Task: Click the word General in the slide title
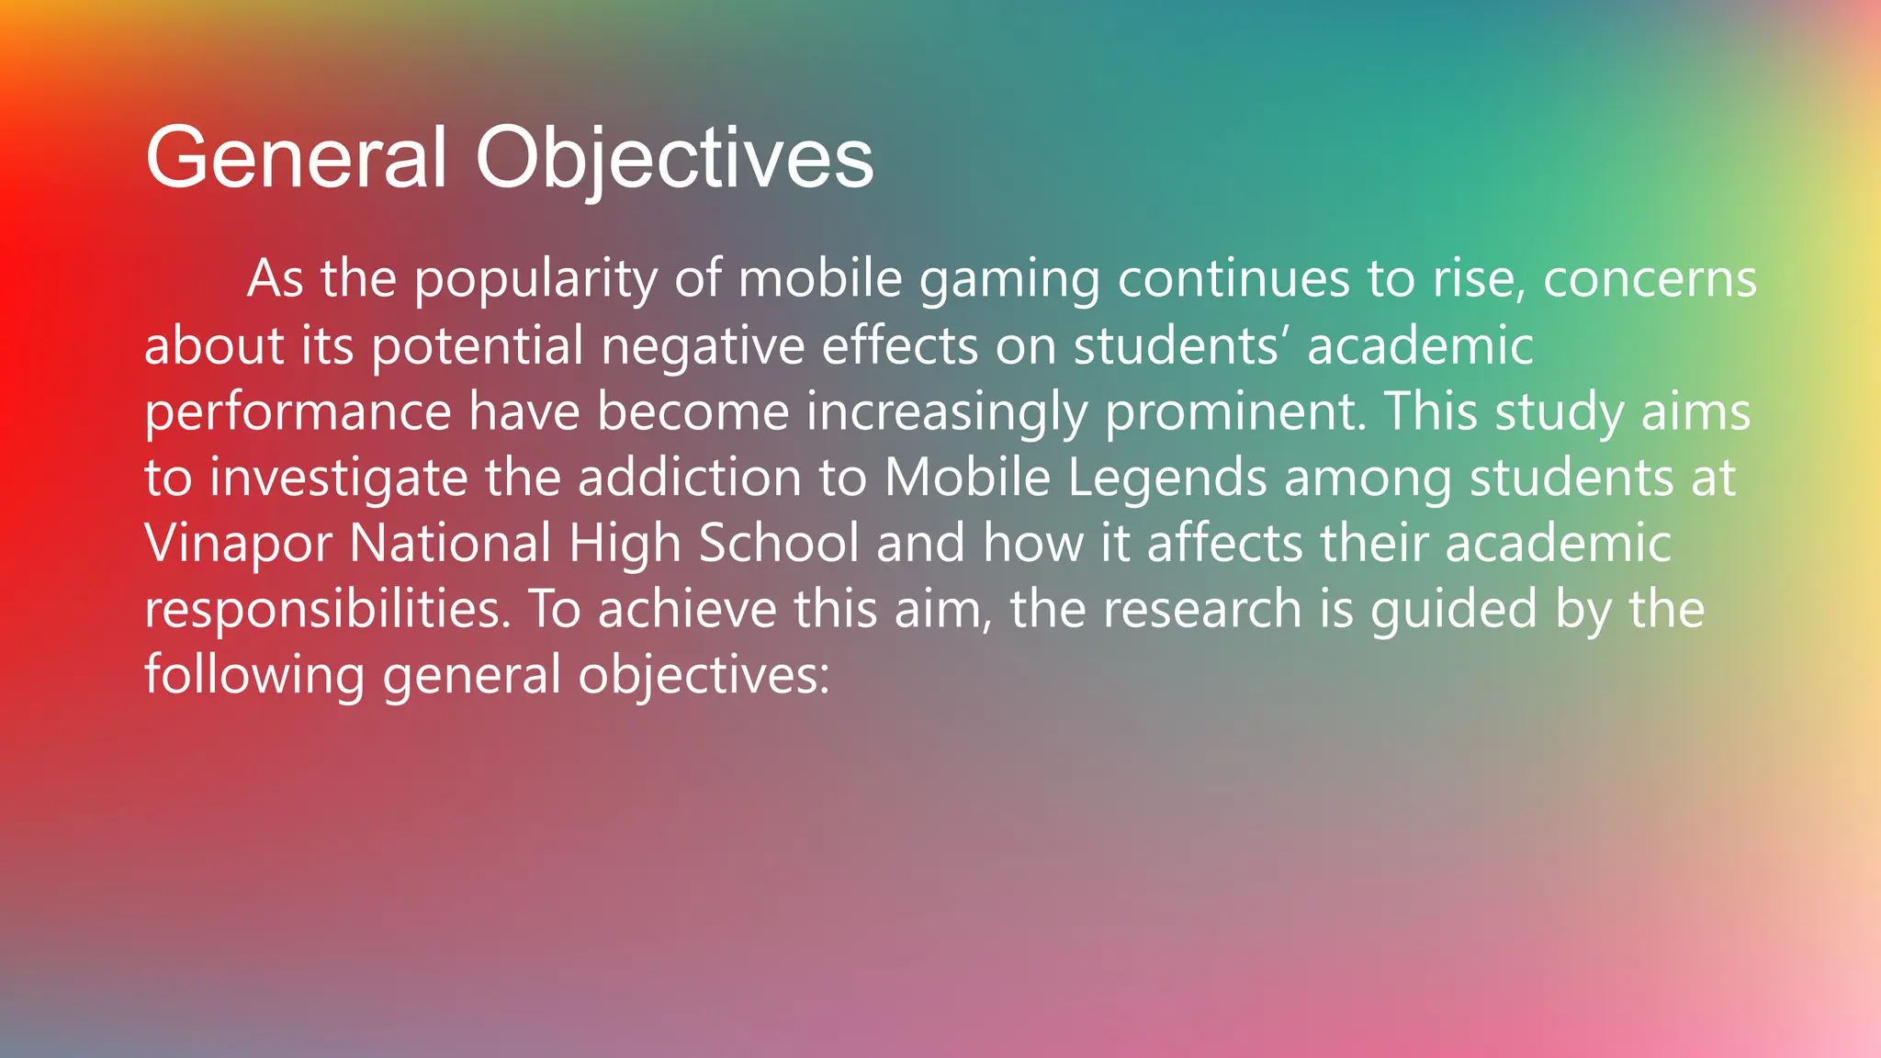[x=296, y=158]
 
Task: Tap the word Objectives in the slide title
[x=674, y=158]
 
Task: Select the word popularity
[x=535, y=279]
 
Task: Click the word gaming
[x=1009, y=279]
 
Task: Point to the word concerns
[x=1650, y=279]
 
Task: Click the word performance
[x=298, y=412]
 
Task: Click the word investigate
[x=339, y=478]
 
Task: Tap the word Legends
[x=1167, y=478]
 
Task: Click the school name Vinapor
[x=238, y=544]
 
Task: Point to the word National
[x=450, y=544]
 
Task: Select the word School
[x=779, y=544]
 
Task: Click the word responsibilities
[x=327, y=610]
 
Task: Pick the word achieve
[x=687, y=610]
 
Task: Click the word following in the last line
[x=254, y=676]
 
